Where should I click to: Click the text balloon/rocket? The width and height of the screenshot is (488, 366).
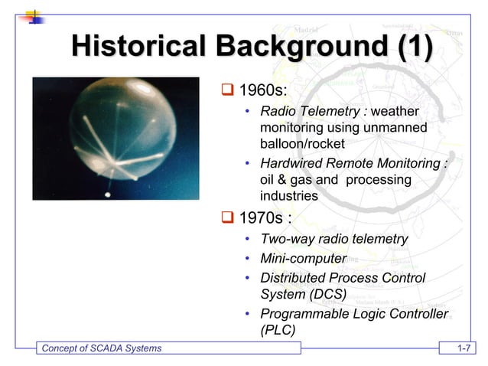coord(302,144)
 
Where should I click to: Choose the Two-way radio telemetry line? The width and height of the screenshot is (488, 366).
coord(333,240)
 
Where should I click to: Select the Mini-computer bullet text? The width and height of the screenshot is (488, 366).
coord(303,259)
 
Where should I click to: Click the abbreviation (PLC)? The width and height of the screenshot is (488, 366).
coord(278,330)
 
